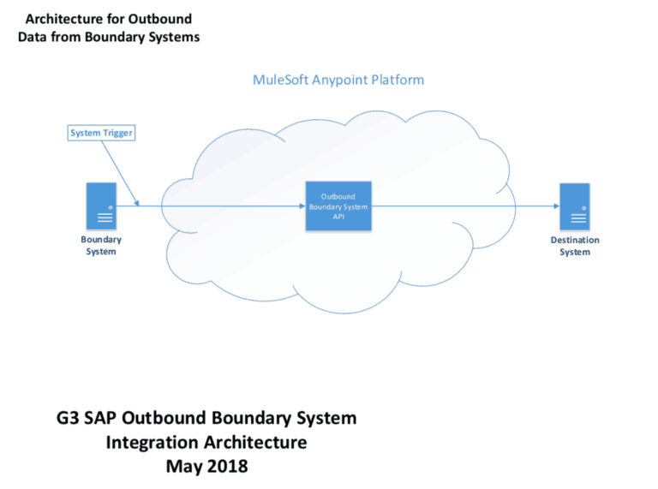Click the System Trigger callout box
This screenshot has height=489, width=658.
click(101, 132)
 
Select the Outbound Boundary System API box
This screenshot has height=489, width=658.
click(338, 206)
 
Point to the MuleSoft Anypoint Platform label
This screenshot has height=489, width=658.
click(338, 80)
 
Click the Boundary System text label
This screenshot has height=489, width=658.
click(101, 246)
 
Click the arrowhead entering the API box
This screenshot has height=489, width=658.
click(302, 206)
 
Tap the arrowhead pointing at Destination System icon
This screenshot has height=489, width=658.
click(554, 206)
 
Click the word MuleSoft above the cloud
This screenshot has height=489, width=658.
click(282, 80)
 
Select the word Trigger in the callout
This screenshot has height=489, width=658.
click(117, 132)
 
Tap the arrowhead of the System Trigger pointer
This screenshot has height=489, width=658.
click(137, 202)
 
